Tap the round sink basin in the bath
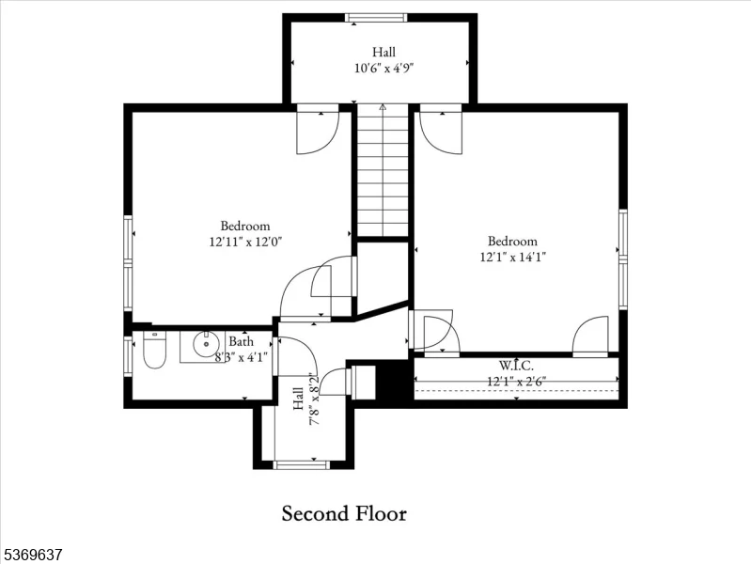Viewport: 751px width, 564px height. [207, 344]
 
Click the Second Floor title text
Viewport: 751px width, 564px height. [344, 513]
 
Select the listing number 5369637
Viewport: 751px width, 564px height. [31, 555]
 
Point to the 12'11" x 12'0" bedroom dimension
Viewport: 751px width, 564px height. [245, 242]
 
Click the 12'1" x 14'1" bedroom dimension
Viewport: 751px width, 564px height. [513, 257]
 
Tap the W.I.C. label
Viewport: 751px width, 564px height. [516, 366]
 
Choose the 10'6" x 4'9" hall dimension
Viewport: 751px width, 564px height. [383, 68]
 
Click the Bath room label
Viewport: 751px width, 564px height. [241, 341]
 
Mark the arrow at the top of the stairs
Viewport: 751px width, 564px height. [383, 108]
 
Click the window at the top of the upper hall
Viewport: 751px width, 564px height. [376, 18]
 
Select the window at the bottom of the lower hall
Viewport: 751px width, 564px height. [302, 464]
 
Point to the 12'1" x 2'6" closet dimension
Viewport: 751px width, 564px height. [516, 382]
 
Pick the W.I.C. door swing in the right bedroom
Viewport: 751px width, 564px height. [590, 336]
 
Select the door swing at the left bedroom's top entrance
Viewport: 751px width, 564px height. [318, 133]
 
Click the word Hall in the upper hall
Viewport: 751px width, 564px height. [384, 52]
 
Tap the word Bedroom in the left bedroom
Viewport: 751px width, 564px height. [245, 226]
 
